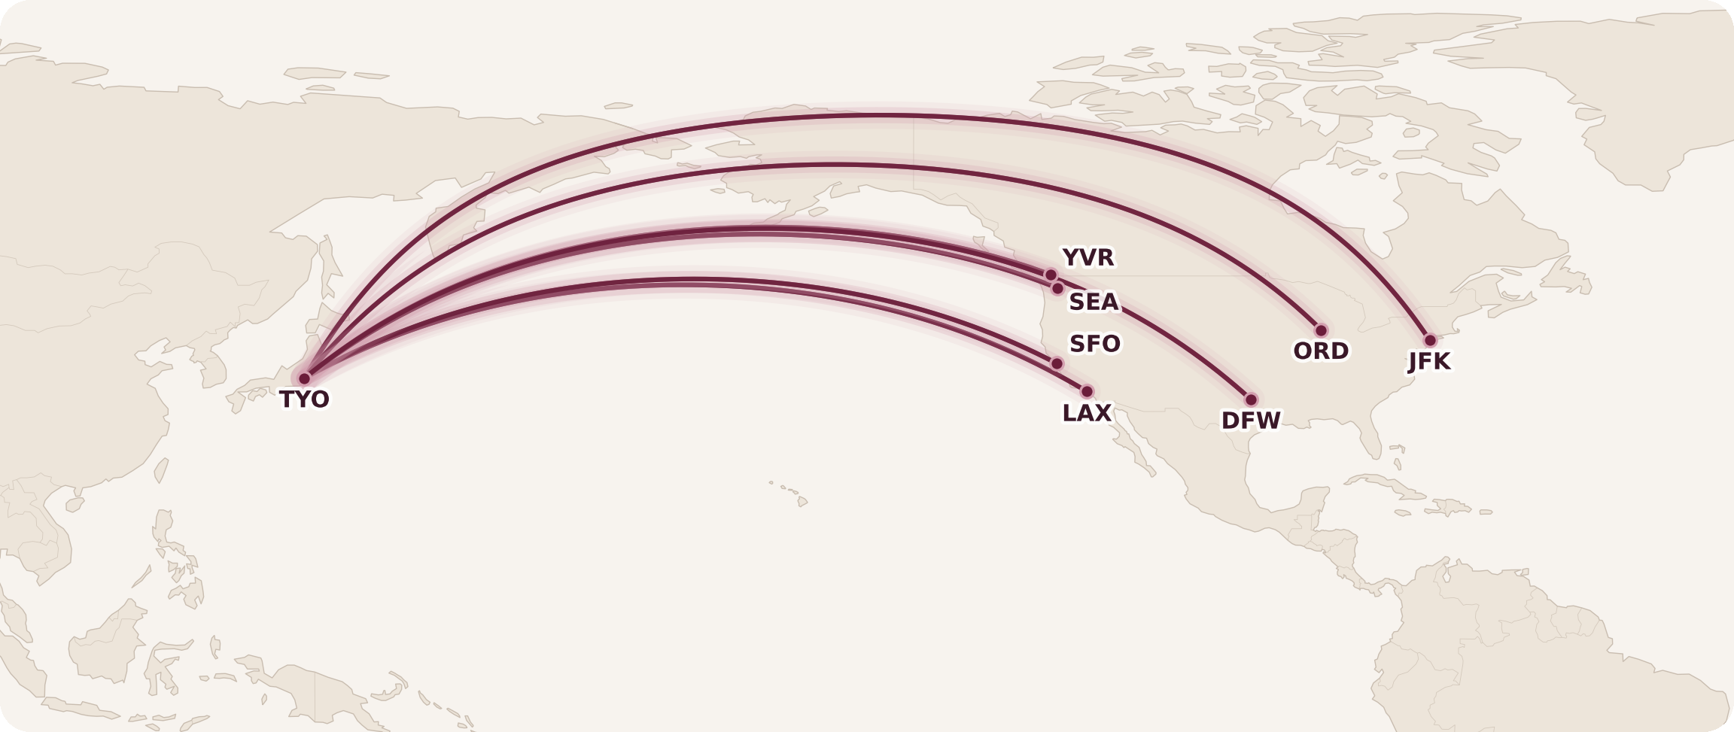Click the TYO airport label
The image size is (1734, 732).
pyautogui.click(x=304, y=399)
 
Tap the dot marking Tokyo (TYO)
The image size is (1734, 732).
pyautogui.click(x=304, y=378)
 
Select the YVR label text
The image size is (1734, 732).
pyautogui.click(x=1088, y=257)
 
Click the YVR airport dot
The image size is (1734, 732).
pyautogui.click(x=1051, y=275)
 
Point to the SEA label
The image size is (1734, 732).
pyautogui.click(x=1094, y=302)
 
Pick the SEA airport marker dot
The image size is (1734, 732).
pyautogui.click(x=1057, y=288)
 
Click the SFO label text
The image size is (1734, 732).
pyautogui.click(x=1094, y=344)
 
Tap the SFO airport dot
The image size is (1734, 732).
pyautogui.click(x=1057, y=363)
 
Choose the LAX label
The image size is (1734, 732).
pyautogui.click(x=1086, y=413)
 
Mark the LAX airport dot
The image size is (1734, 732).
pyautogui.click(x=1087, y=391)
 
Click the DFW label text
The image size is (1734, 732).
pyautogui.click(x=1250, y=421)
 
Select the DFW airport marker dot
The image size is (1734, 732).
pyautogui.click(x=1251, y=399)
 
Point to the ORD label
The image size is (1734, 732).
pyautogui.click(x=1321, y=351)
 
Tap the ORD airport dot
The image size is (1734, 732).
pyautogui.click(x=1321, y=330)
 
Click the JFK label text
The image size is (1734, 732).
pyautogui.click(x=1429, y=362)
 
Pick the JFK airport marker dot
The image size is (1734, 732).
pyautogui.click(x=1430, y=340)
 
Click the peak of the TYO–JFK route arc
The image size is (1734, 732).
pyautogui.click(x=873, y=116)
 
